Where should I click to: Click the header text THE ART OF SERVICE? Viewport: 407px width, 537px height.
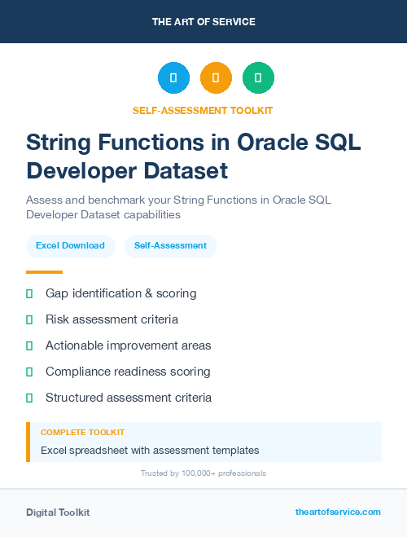(203, 22)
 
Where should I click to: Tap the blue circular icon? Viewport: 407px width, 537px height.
(173, 78)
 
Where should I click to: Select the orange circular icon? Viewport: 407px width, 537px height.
(216, 78)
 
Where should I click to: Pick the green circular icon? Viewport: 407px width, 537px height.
(258, 78)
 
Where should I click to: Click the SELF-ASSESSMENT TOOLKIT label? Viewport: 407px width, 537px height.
(203, 111)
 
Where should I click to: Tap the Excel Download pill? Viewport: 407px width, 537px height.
(70, 246)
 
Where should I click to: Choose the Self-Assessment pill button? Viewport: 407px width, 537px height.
(170, 246)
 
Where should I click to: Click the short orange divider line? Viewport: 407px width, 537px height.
(44, 272)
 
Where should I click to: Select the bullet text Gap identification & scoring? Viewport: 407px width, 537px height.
(120, 293)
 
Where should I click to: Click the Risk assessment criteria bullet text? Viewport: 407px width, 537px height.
(112, 319)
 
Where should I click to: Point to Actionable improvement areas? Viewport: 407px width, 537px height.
(128, 346)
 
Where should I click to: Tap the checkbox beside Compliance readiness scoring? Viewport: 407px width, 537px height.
(29, 372)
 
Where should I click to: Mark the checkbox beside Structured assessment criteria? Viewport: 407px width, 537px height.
(29, 398)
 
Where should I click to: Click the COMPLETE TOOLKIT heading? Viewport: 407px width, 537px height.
(82, 433)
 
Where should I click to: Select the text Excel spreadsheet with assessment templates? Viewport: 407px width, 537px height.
(150, 450)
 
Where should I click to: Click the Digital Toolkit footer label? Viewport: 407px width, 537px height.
(58, 513)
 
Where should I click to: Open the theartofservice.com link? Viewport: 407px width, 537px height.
(338, 512)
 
